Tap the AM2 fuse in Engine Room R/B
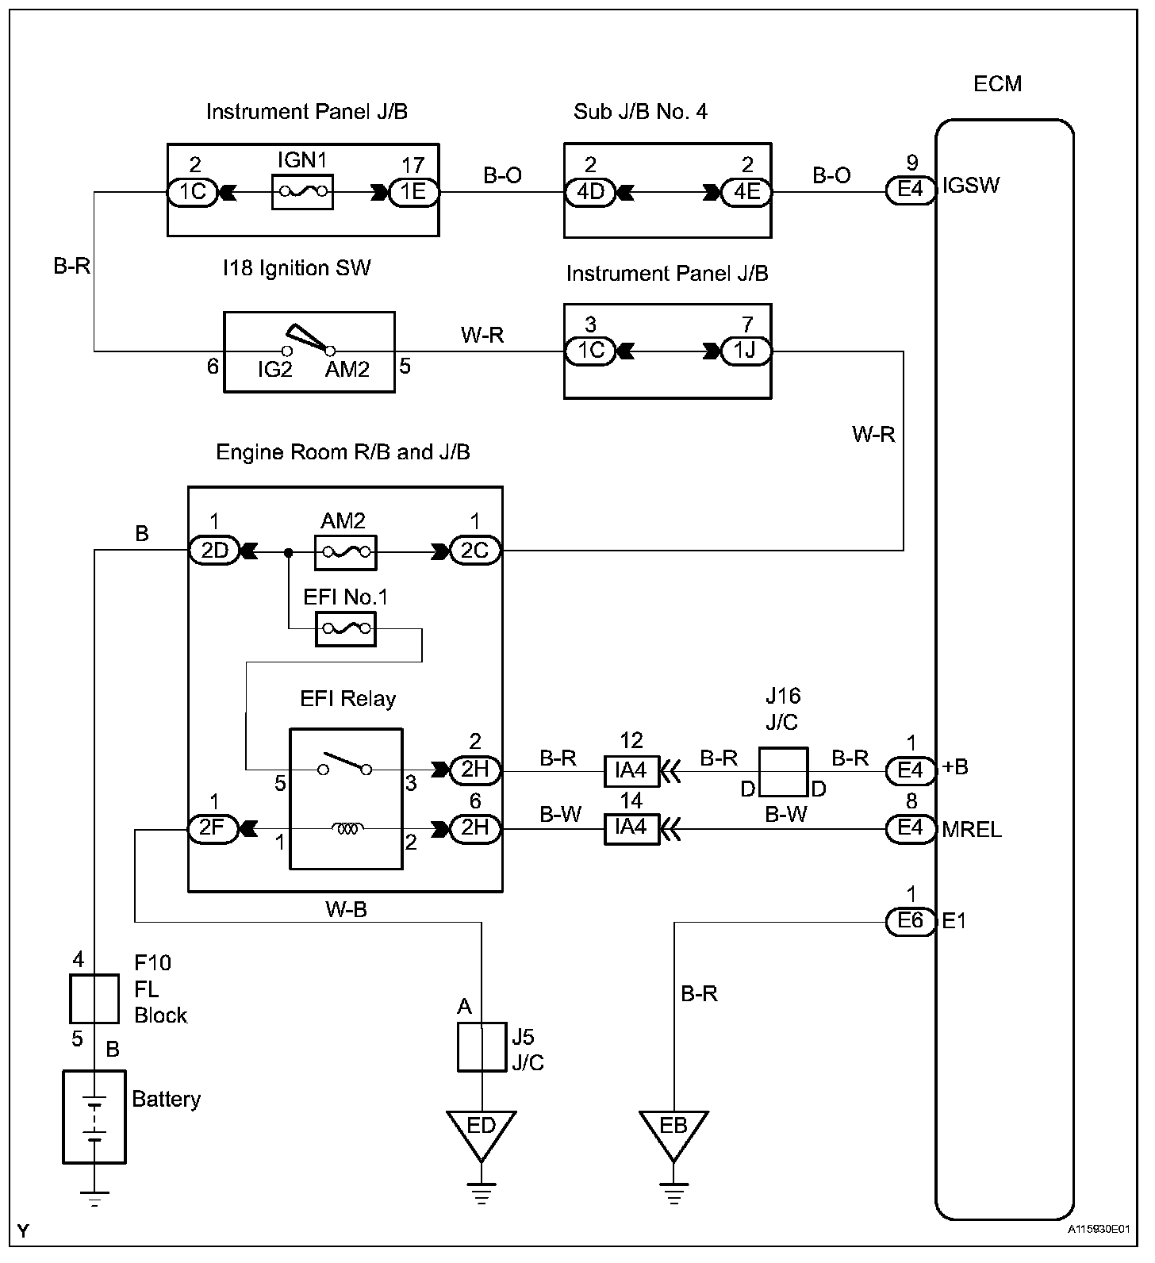(345, 551)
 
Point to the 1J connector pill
(745, 351)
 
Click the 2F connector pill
(213, 829)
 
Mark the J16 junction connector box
(784, 771)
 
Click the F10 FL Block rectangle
(94, 999)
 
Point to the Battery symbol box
(94, 1117)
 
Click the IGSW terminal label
(971, 186)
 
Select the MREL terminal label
(972, 830)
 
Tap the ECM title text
(997, 84)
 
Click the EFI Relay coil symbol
(347, 829)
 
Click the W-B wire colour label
(346, 910)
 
